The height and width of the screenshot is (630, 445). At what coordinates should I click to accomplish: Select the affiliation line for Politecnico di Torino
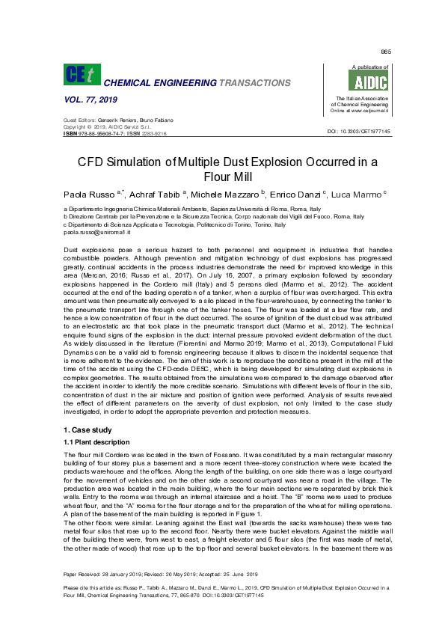(x=174, y=224)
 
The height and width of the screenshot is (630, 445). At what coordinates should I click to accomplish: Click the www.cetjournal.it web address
(x=366, y=111)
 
